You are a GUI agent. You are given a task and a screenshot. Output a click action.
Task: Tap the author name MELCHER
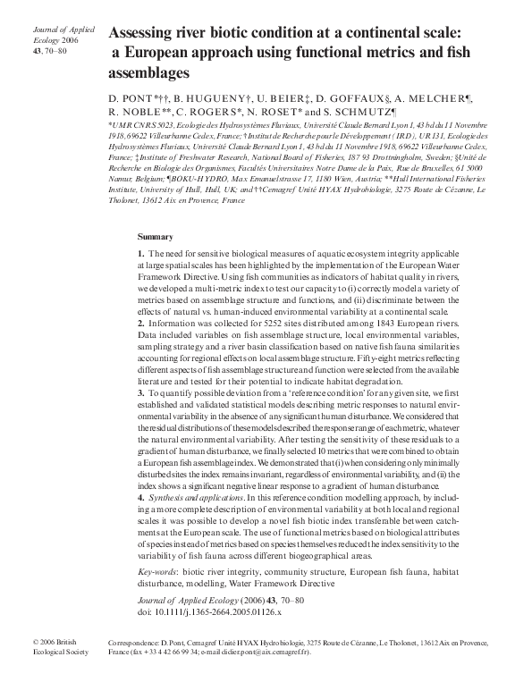click(x=454, y=95)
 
